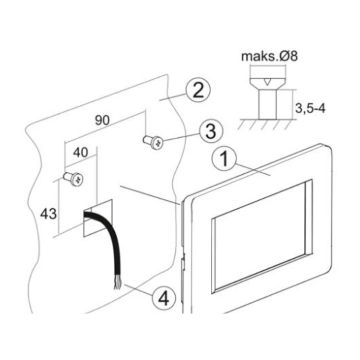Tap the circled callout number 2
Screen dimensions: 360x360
coord(198,90)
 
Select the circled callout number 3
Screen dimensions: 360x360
coord(211,132)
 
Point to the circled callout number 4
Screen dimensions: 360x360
coord(164,298)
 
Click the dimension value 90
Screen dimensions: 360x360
coord(102,120)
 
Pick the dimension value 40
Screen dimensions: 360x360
coord(80,153)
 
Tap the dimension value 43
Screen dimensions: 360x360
coord(48,214)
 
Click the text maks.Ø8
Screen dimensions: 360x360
coord(269,56)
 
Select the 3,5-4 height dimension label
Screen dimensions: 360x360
coord(310,108)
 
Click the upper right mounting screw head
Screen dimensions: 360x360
coord(157,143)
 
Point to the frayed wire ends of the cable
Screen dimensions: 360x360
coord(117,281)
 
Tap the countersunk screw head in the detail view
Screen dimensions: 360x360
coord(268,84)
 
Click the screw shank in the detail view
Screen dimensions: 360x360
coord(268,105)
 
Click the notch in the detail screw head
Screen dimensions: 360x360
coord(267,82)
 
